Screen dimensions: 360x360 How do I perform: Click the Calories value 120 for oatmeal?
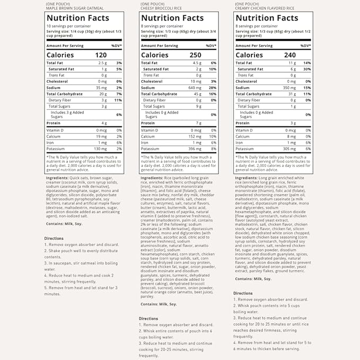[x=101, y=55]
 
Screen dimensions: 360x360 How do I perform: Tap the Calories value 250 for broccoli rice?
[x=195, y=55]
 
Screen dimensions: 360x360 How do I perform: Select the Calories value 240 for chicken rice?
[x=289, y=55]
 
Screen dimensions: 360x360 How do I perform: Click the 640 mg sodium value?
[x=195, y=87]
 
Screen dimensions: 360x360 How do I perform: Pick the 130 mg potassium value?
[x=100, y=148]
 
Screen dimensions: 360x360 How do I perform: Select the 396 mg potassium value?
[x=194, y=148]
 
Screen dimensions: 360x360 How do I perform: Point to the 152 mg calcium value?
[x=194, y=136]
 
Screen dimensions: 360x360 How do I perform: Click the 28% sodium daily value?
[x=212, y=87]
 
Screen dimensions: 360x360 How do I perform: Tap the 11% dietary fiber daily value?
[x=118, y=100]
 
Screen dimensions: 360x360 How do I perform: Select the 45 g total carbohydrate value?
[x=197, y=94]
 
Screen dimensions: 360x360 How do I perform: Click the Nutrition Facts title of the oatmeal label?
[x=77, y=18]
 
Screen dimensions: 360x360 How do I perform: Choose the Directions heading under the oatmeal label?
[x=54, y=238]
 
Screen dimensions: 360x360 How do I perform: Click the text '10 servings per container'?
[x=68, y=26]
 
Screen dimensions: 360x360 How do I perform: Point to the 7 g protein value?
[x=198, y=123]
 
